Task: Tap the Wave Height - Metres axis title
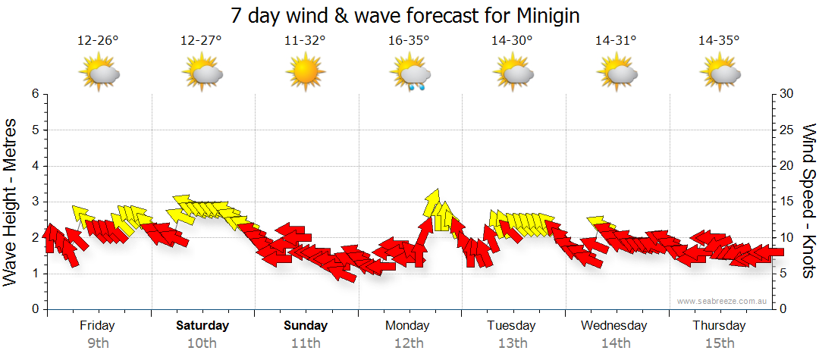coord(11,202)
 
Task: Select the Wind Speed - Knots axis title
coord(808,202)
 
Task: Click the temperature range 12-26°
coord(98,41)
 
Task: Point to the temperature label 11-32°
coord(305,41)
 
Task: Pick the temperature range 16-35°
coord(409,41)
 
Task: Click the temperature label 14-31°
coord(616,41)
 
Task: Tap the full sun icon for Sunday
coord(305,73)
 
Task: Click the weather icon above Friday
coord(99,74)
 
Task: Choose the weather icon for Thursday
coord(720,74)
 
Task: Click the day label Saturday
coord(202,326)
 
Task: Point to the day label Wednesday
coord(614,326)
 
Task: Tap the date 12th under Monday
coord(409,343)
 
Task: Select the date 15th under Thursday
coord(719,343)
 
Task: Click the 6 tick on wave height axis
coord(35,94)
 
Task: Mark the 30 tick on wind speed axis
coord(787,94)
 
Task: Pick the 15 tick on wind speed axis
coord(787,202)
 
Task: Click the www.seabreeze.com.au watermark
coord(723,302)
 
